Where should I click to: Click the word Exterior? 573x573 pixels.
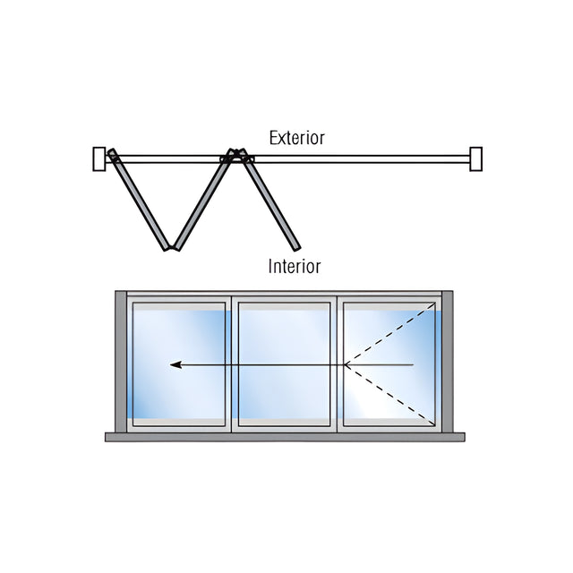(x=296, y=138)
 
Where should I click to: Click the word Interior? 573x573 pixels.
(x=295, y=267)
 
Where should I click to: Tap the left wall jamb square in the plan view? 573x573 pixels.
(x=99, y=159)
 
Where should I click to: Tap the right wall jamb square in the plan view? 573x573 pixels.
(x=475, y=159)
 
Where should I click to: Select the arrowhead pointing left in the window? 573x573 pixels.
(x=175, y=364)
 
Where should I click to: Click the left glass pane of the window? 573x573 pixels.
(x=179, y=364)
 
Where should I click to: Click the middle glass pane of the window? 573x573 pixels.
(x=285, y=364)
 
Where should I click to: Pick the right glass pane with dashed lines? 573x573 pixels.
(x=389, y=364)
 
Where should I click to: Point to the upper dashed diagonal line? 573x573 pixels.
(x=390, y=334)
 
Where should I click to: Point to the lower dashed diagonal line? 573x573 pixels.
(x=390, y=396)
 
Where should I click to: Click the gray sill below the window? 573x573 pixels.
(x=285, y=437)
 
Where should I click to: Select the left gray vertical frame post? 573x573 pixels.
(x=121, y=362)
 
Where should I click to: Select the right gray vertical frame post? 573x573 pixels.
(x=448, y=362)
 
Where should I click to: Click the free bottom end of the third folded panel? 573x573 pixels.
(x=297, y=248)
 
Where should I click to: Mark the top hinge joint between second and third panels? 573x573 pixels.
(x=237, y=153)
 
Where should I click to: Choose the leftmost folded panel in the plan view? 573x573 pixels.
(x=140, y=200)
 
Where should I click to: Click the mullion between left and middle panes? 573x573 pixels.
(x=232, y=364)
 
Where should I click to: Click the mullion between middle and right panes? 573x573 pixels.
(x=337, y=364)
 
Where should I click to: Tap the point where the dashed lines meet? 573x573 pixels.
(x=345, y=364)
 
